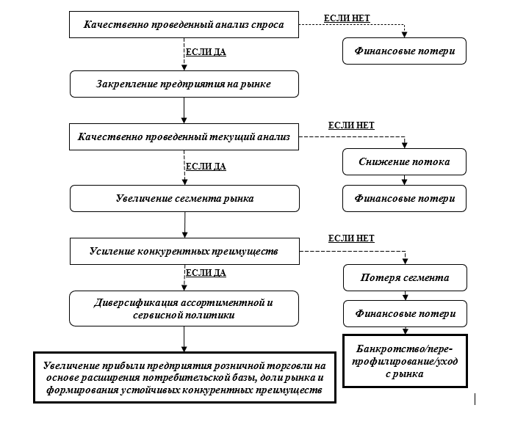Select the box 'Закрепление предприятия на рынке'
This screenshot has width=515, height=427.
184,84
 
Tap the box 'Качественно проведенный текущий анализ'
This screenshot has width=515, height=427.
184,136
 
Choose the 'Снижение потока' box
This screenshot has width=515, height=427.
403,161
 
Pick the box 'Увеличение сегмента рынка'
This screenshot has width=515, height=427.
184,198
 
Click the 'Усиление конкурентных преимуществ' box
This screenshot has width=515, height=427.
184,251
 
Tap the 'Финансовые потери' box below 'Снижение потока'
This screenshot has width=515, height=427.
403,198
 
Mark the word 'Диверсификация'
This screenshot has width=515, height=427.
133,302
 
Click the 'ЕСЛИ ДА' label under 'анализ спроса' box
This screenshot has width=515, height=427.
206,53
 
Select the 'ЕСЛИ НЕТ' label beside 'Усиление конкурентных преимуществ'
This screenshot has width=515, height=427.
351,238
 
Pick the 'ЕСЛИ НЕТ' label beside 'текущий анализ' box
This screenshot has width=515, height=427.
351,125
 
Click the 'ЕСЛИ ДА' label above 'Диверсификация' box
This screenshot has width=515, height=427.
206,273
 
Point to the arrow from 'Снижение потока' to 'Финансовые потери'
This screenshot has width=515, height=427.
403,180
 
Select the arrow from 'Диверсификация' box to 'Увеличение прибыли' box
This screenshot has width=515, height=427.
184,338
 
